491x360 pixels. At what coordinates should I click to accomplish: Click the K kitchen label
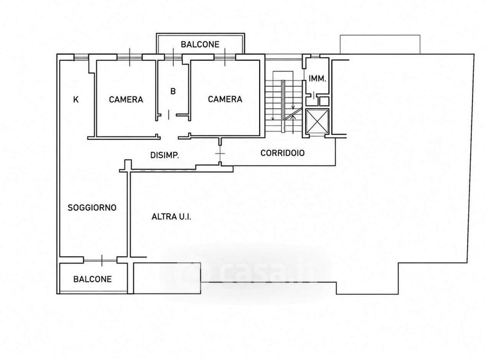(75, 100)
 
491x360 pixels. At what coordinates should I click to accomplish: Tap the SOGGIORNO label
(92, 208)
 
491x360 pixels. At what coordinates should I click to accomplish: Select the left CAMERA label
(126, 100)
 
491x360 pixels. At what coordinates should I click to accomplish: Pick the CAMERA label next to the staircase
(225, 100)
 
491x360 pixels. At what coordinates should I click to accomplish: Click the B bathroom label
(173, 91)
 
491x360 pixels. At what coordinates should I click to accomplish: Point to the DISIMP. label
(164, 155)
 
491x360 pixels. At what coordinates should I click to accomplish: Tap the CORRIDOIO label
(282, 153)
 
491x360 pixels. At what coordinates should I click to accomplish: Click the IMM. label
(317, 79)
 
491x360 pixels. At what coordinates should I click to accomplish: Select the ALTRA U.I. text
(171, 216)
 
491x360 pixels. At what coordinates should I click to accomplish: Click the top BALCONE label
(200, 44)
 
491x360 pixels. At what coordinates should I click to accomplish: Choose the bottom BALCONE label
(93, 279)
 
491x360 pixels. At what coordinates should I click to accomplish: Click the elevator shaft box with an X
(317, 121)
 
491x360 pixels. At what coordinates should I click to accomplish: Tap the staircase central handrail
(283, 106)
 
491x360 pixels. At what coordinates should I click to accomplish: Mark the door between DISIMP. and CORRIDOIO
(220, 154)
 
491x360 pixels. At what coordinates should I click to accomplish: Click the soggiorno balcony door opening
(101, 260)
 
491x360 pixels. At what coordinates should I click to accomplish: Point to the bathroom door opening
(169, 115)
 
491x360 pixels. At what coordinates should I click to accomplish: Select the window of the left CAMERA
(130, 57)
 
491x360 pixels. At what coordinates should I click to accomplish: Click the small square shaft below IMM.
(324, 101)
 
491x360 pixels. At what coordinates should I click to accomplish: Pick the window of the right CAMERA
(225, 57)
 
